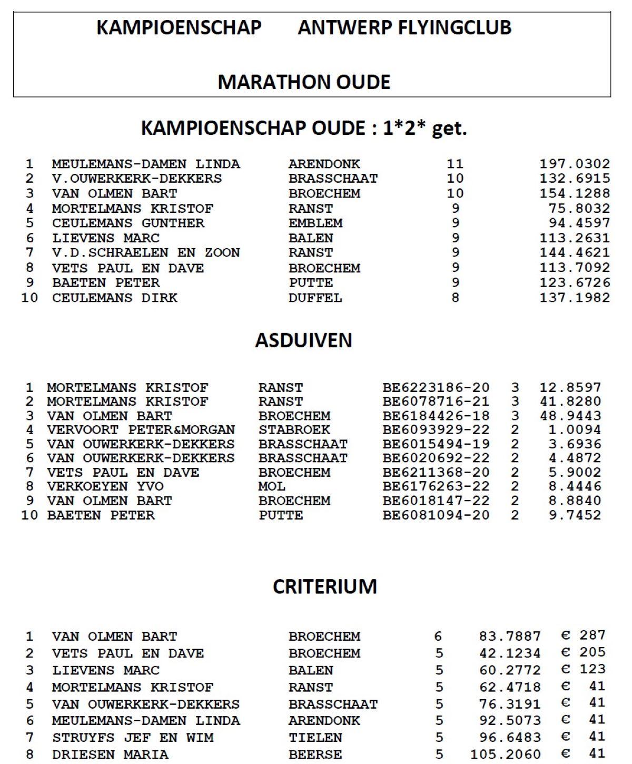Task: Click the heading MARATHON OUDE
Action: [x=304, y=82]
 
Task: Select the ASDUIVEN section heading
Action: [x=303, y=340]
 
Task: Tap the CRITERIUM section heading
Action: [x=324, y=586]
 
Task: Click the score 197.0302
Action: [x=574, y=164]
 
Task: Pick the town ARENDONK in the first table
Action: [x=324, y=164]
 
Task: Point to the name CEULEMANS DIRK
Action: [x=114, y=298]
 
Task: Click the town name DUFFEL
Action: [x=315, y=298]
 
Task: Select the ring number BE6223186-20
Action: [x=436, y=388]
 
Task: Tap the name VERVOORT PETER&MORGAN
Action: [x=141, y=430]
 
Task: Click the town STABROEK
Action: [x=294, y=430]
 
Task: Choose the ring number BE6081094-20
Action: [x=436, y=515]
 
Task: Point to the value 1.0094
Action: [x=575, y=430]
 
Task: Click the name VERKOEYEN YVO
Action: [x=105, y=486]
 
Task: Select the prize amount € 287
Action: [x=584, y=635]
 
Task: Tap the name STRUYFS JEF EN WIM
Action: [x=133, y=738]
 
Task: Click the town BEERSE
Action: [x=315, y=755]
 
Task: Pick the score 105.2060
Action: [x=505, y=755]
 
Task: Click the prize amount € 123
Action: [x=584, y=669]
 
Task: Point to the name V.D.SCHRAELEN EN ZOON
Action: [x=146, y=253]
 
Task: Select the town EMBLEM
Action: [x=315, y=223]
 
